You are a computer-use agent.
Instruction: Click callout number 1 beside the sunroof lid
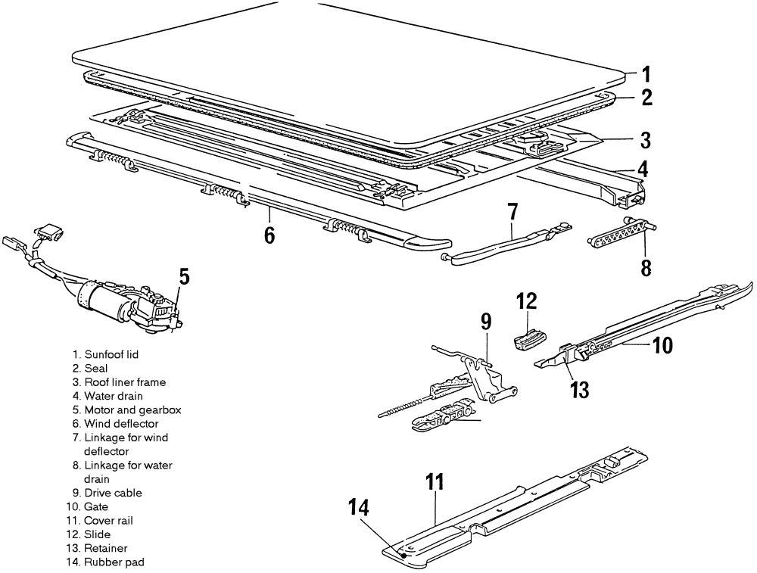pyautogui.click(x=646, y=74)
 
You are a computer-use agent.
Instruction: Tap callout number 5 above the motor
pyautogui.click(x=185, y=276)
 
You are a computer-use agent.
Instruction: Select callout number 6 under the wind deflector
pyautogui.click(x=269, y=235)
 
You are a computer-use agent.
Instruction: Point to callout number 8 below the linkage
pyautogui.click(x=646, y=267)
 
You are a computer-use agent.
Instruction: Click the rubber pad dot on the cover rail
pyautogui.click(x=403, y=555)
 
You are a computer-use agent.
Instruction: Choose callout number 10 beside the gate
pyautogui.click(x=661, y=346)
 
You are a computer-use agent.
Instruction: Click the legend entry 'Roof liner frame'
pyautogui.click(x=125, y=382)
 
